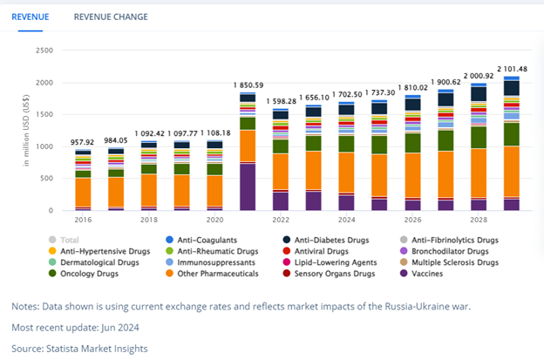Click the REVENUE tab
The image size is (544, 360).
pyautogui.click(x=31, y=17)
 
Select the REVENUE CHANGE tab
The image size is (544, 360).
pyautogui.click(x=111, y=17)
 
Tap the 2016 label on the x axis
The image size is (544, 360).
pyautogui.click(x=83, y=221)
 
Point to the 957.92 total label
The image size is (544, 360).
pyautogui.click(x=83, y=141)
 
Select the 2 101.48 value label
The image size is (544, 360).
pyautogui.click(x=513, y=68)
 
